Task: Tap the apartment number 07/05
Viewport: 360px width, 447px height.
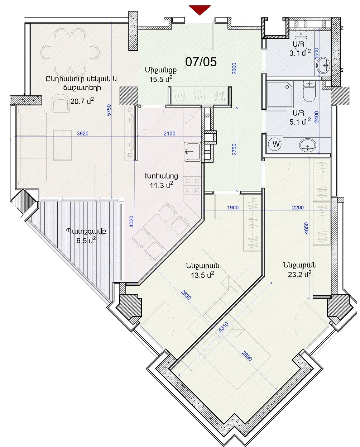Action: pos(201,62)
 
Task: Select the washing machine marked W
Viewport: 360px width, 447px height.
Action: pos(276,144)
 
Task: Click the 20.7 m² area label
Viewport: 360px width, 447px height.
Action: pos(82,101)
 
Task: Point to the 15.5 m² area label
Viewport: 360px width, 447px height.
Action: pos(161,79)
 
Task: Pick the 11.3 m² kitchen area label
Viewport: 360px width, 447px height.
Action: pos(161,185)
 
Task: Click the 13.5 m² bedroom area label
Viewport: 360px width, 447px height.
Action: pos(202,275)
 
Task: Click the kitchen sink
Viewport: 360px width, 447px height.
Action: pos(192,152)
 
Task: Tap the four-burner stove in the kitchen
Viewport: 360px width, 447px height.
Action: pos(192,185)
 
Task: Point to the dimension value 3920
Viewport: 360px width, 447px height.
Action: pos(83,134)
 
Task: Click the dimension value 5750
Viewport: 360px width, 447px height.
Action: pos(109,110)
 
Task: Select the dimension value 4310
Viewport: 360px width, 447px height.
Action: pos(224,327)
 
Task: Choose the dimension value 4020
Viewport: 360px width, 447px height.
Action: pos(131,222)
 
